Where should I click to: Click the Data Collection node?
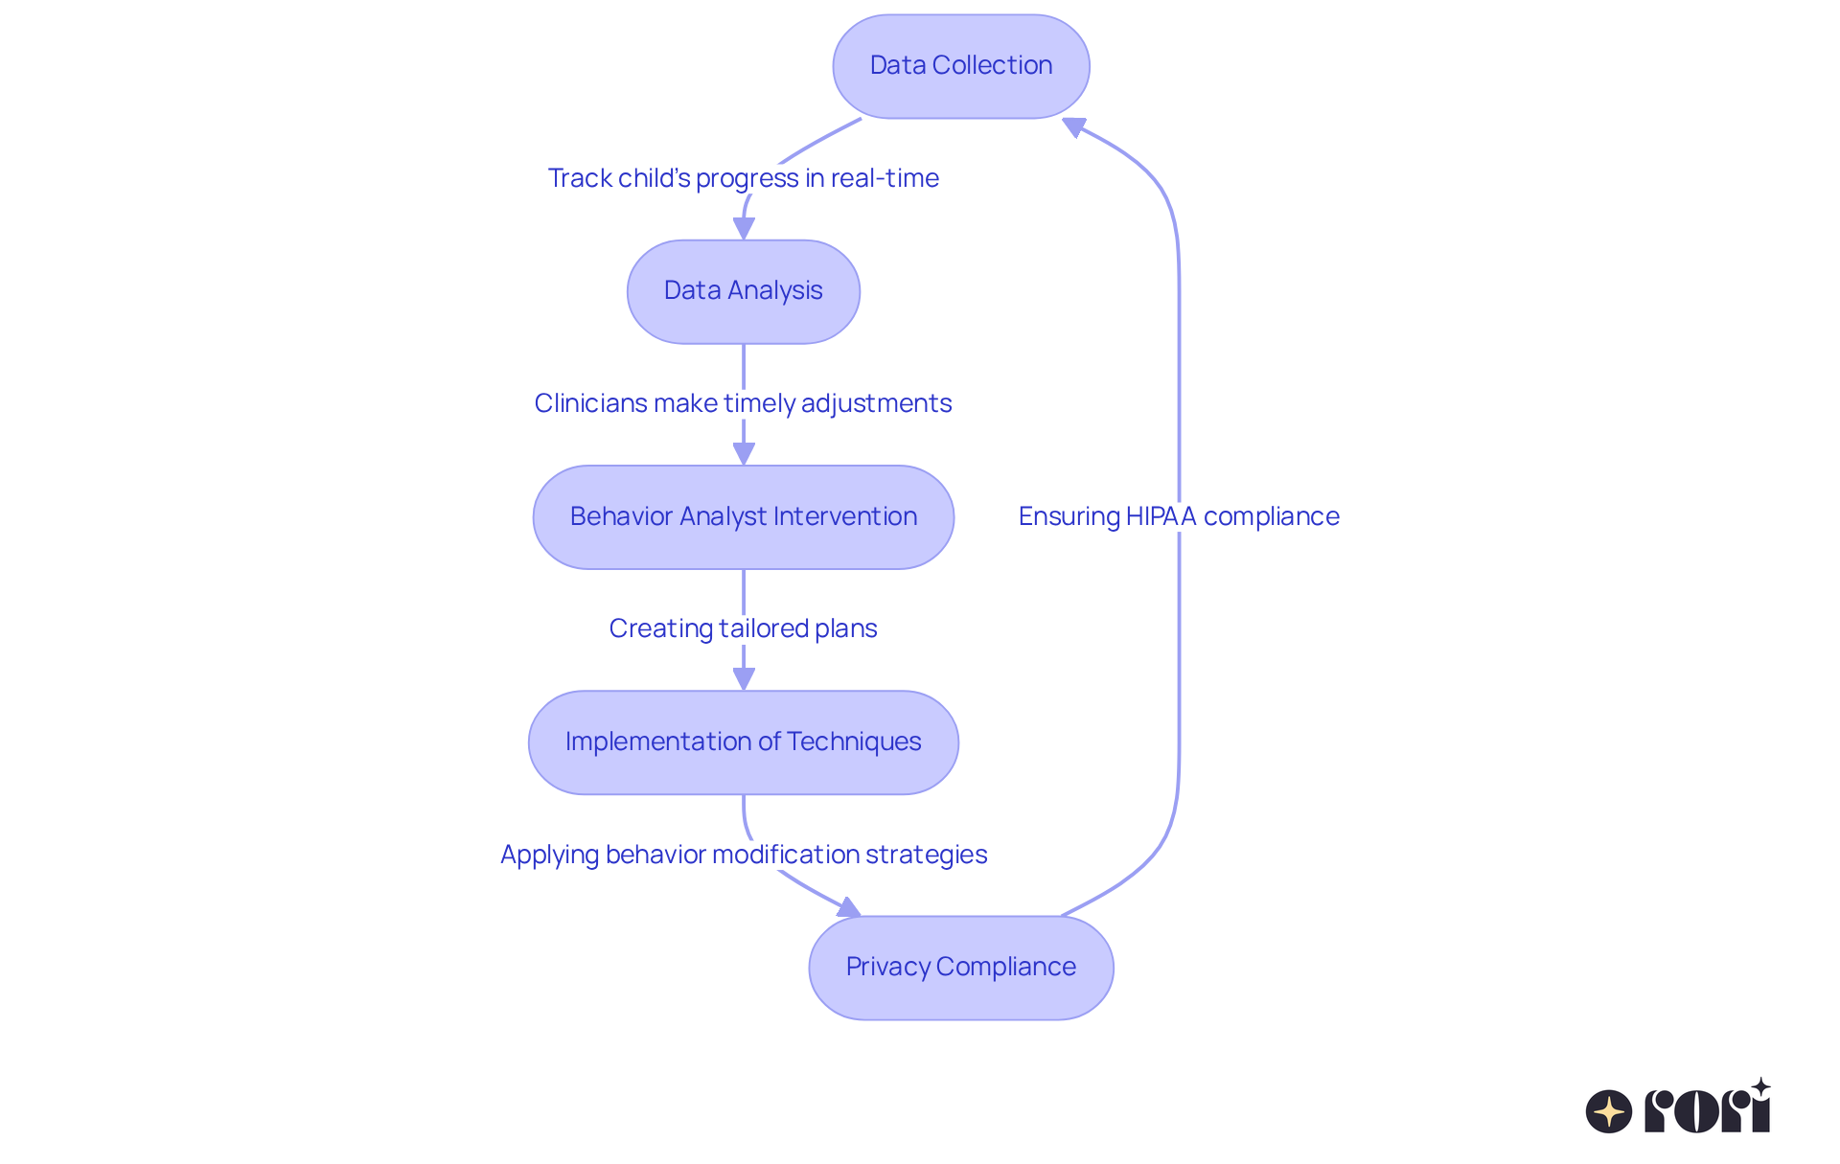pyautogui.click(x=960, y=66)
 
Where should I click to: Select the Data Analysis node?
pyautogui.click(x=743, y=291)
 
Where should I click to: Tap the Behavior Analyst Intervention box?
pyautogui.click(x=743, y=517)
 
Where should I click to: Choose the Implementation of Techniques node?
pyautogui.click(x=743, y=742)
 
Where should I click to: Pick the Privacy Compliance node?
pyautogui.click(x=960, y=968)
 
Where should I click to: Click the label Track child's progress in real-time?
pyautogui.click(x=743, y=178)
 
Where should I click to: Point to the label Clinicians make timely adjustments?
pyautogui.click(x=743, y=403)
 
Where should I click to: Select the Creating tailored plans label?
pyautogui.click(x=743, y=628)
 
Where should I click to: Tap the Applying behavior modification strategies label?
pyautogui.click(x=743, y=855)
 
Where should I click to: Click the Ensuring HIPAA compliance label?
pyautogui.click(x=1178, y=516)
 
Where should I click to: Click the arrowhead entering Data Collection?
pyautogui.click(x=1074, y=126)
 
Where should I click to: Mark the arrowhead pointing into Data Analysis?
pyautogui.click(x=744, y=228)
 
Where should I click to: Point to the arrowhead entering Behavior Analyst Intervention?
pyautogui.click(x=744, y=453)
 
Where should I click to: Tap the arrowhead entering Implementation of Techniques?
pyautogui.click(x=744, y=678)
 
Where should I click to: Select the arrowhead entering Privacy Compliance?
pyautogui.click(x=848, y=907)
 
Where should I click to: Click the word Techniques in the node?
pyautogui.click(x=854, y=742)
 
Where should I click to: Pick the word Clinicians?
pyautogui.click(x=590, y=403)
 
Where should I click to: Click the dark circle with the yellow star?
pyautogui.click(x=1608, y=1111)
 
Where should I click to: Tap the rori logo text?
pyautogui.click(x=1708, y=1109)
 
